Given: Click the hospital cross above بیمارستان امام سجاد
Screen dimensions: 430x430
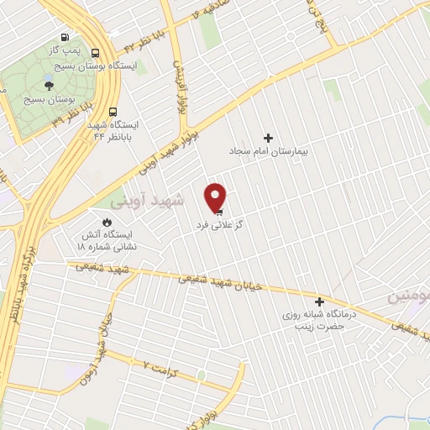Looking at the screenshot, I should point(269,137).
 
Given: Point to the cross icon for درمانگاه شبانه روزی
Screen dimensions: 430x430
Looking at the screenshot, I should point(319,301).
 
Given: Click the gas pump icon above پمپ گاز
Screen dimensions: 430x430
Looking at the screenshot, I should point(66,39).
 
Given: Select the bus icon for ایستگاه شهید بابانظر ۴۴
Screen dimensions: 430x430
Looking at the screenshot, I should point(113,109).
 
